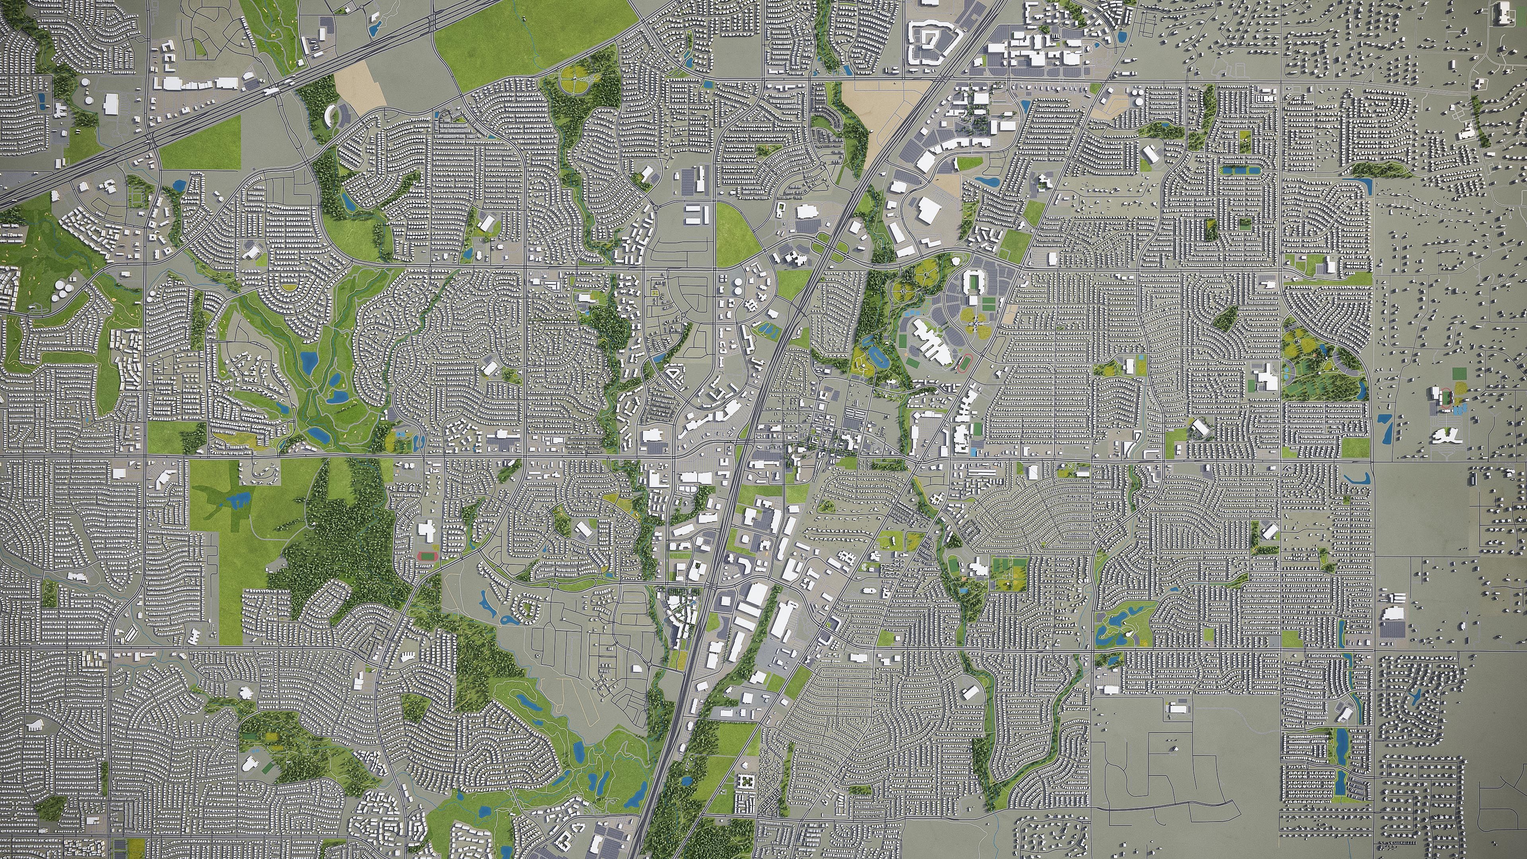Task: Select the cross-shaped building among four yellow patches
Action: (x=973, y=324)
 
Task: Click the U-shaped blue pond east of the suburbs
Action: (x=1358, y=479)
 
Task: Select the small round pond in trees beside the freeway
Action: (x=686, y=781)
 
